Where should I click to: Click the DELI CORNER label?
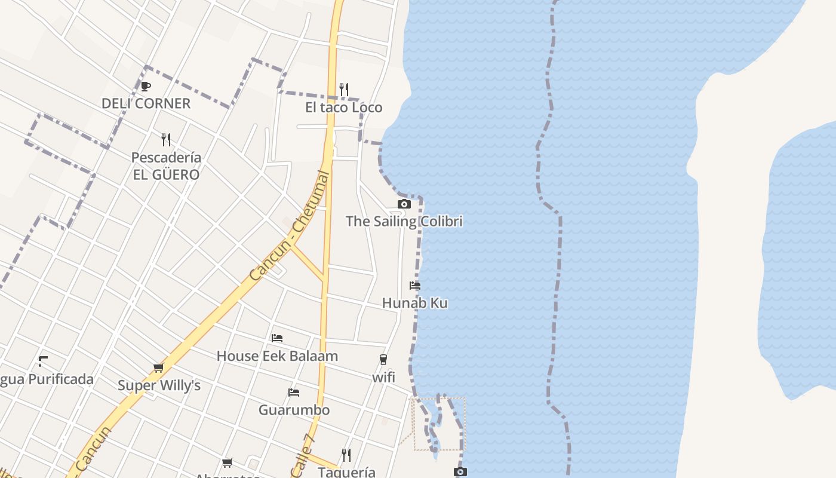[146, 103]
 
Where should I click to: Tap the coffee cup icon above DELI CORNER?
[145, 86]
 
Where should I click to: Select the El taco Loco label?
[343, 108]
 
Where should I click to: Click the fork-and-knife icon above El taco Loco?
[344, 90]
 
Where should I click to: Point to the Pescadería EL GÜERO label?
[166, 166]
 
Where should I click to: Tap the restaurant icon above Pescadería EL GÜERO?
[166, 140]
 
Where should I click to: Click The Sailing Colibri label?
[404, 221]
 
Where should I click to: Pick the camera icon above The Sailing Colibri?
[404, 204]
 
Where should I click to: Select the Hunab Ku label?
[414, 303]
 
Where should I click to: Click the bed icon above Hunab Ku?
[415, 285]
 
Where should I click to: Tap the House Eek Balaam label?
[277, 356]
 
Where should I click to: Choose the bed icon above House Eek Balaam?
[277, 338]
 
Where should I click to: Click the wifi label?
[383, 378]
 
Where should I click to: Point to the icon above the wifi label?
[383, 360]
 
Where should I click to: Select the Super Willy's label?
[159, 385]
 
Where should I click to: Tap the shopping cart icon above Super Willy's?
[158, 368]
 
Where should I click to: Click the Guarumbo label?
[294, 410]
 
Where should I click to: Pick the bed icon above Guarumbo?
[294, 393]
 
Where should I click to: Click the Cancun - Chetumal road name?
[290, 227]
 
